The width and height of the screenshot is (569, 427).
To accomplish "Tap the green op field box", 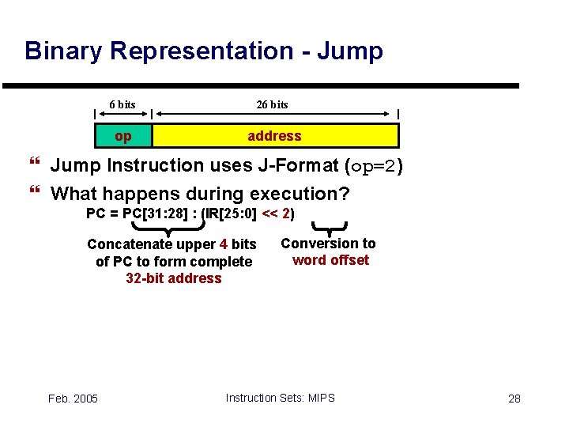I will (x=123, y=136).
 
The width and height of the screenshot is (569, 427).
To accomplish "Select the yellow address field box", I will (x=274, y=136).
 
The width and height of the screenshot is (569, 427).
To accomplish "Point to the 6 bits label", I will (x=122, y=104).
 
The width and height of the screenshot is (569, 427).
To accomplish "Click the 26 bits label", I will (x=273, y=104).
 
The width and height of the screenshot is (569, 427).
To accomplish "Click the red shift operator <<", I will (x=269, y=213).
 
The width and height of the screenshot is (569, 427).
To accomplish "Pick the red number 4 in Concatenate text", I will (x=224, y=244).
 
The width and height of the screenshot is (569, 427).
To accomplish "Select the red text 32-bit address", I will (x=174, y=278).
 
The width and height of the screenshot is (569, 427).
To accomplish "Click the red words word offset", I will (x=330, y=260).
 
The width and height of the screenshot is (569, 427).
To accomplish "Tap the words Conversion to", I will (x=328, y=244).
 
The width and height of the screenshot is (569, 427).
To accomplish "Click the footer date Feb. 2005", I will (x=73, y=399).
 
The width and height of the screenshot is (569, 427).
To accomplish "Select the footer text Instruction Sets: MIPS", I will (x=280, y=398).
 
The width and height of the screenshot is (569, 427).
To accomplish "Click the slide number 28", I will (x=514, y=399).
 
